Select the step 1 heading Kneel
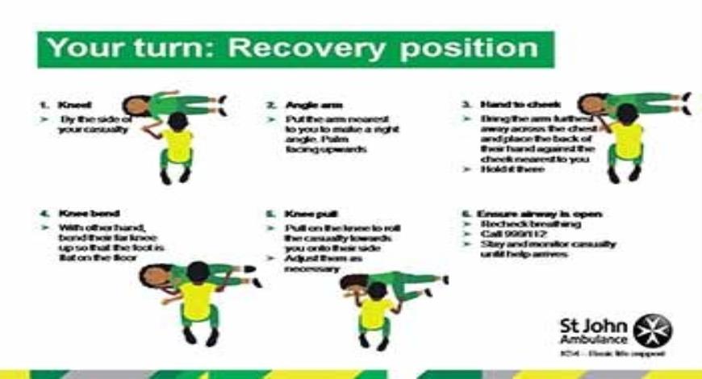(x=74, y=105)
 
